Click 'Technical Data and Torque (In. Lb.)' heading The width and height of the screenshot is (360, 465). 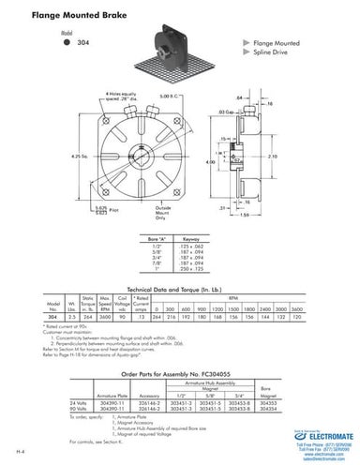pyautogui.click(x=180, y=292)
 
